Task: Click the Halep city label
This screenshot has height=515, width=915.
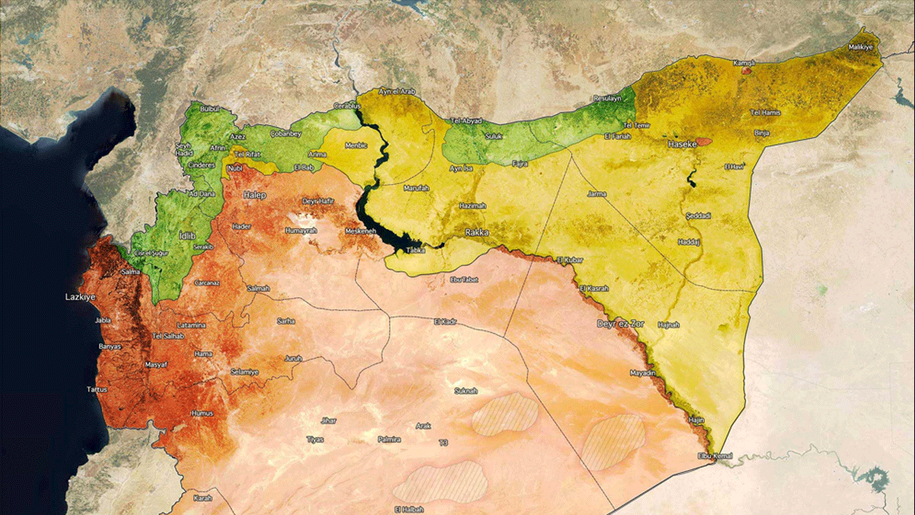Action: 254,195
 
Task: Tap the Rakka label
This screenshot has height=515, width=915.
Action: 477,232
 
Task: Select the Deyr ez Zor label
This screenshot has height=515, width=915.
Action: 620,324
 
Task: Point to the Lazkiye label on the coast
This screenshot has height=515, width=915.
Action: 80,296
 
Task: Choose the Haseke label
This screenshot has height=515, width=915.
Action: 681,144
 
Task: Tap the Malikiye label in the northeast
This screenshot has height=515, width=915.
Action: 861,47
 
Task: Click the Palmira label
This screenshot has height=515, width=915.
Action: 389,438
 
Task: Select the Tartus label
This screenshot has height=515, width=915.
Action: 97,389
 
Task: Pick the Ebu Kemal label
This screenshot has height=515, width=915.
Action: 714,456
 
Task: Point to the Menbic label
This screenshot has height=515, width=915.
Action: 355,145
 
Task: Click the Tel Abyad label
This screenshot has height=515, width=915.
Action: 467,121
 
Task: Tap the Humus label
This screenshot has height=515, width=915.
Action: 202,413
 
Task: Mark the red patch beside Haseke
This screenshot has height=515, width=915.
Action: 705,141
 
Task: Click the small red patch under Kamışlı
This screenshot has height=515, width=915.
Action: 746,71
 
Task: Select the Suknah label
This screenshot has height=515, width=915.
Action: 466,391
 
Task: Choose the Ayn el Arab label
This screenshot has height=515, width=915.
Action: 397,92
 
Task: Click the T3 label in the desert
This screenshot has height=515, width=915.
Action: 443,443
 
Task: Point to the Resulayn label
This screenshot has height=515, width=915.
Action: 608,98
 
